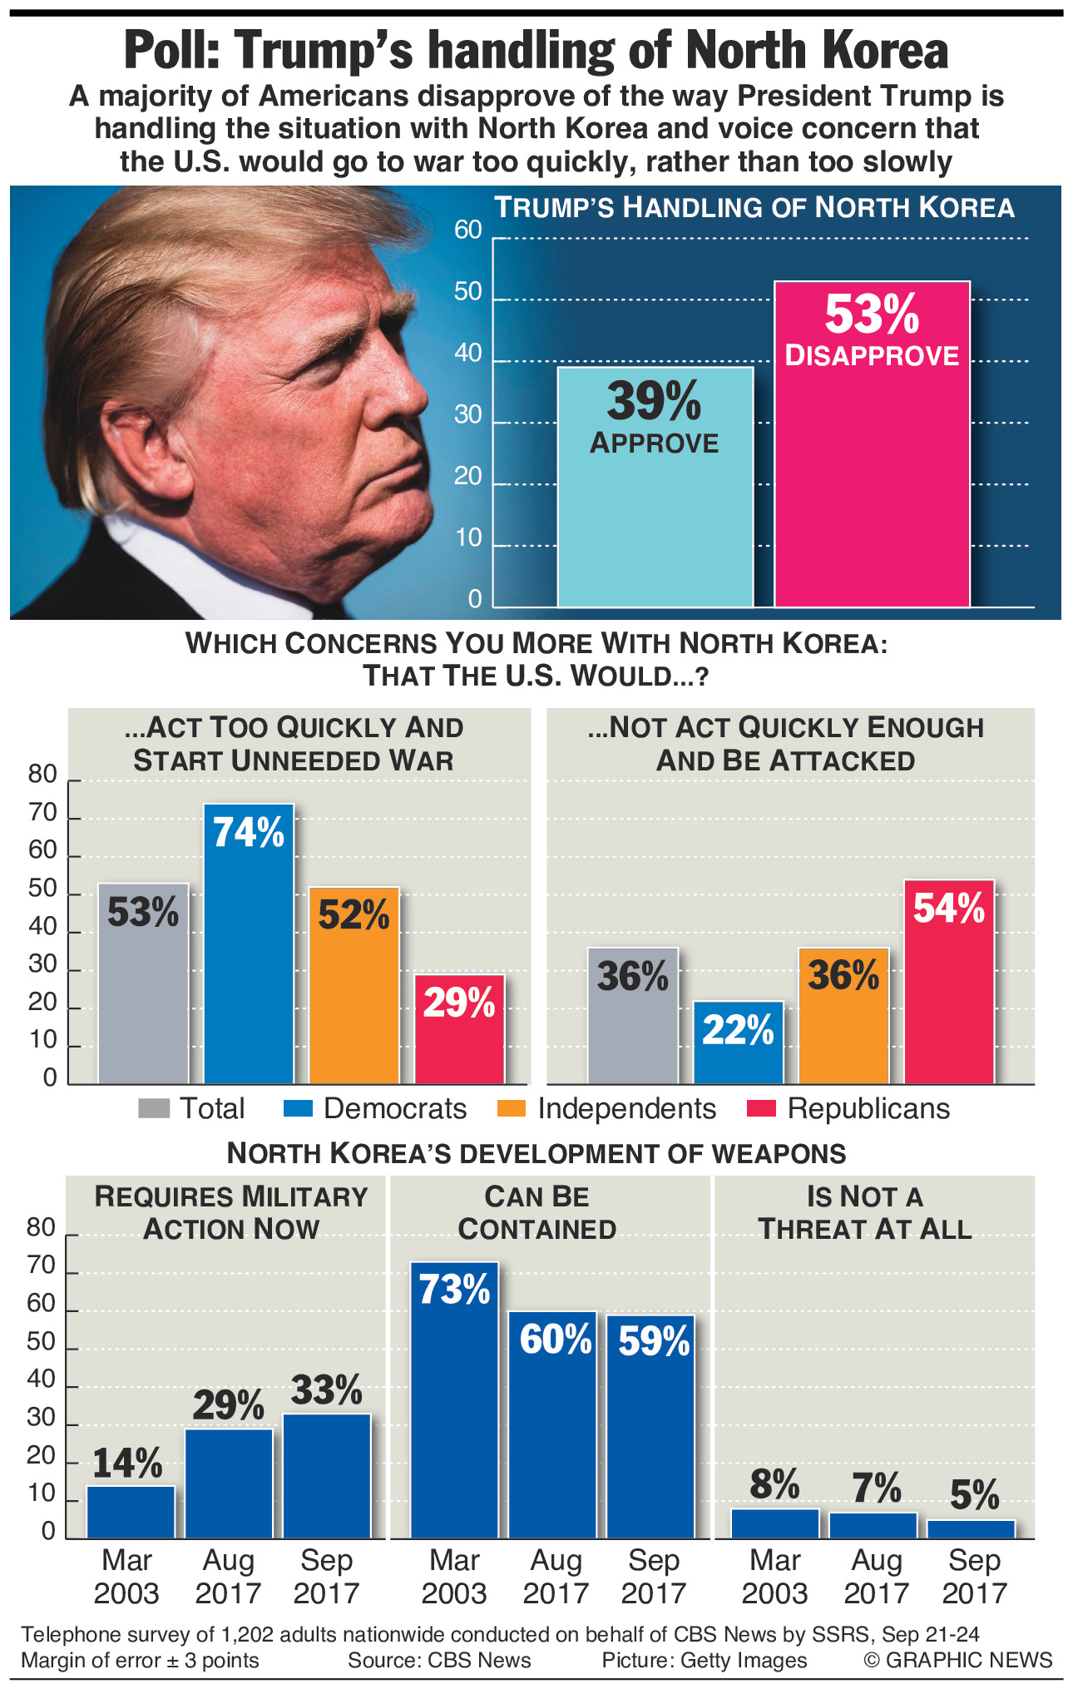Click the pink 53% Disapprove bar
pyautogui.click(x=872, y=466)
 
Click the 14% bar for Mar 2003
pyautogui.click(x=131, y=1512)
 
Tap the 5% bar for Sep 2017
pyautogui.click(x=971, y=1528)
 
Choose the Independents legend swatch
pyautogui.click(x=511, y=1108)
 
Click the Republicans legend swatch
pyautogui.click(x=761, y=1108)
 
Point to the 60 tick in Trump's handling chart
pyautogui.click(x=468, y=230)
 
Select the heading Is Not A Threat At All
pyautogui.click(x=865, y=1212)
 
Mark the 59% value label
pyautogui.click(x=654, y=1341)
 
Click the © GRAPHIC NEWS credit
pyautogui.click(x=958, y=1660)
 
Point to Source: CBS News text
pyautogui.click(x=439, y=1660)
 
